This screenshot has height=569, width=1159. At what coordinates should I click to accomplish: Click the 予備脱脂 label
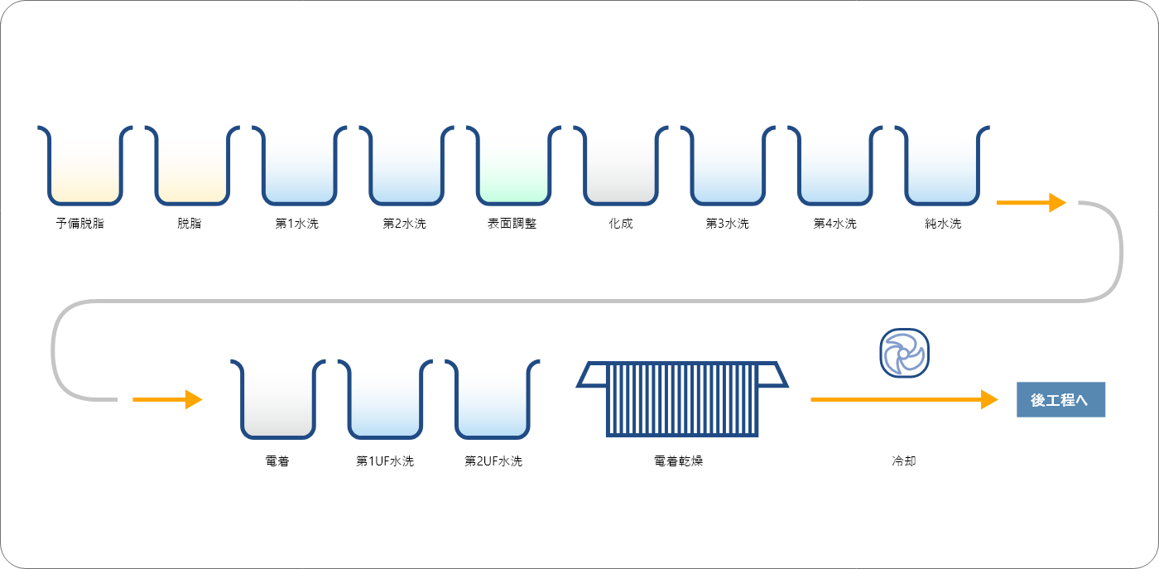pos(80,223)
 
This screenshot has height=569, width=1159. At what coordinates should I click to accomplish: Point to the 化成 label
pos(620,223)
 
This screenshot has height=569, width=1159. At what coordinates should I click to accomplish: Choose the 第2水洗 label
pos(404,223)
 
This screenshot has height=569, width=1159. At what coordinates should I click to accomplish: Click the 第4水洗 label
pos(834,223)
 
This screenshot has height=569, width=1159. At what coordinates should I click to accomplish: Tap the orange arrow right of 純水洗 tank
pos(1032,202)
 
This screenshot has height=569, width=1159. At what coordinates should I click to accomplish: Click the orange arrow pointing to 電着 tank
pos(167,399)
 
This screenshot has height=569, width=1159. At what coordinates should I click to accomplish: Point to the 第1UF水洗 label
pos(385,461)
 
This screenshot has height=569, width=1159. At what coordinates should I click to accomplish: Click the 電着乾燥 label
pos(678,461)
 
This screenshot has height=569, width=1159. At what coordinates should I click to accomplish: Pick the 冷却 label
pos(904,461)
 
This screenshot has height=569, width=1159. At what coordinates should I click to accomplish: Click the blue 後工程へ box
pos(1060,399)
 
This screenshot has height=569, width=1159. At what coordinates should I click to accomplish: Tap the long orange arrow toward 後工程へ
pos(904,399)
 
